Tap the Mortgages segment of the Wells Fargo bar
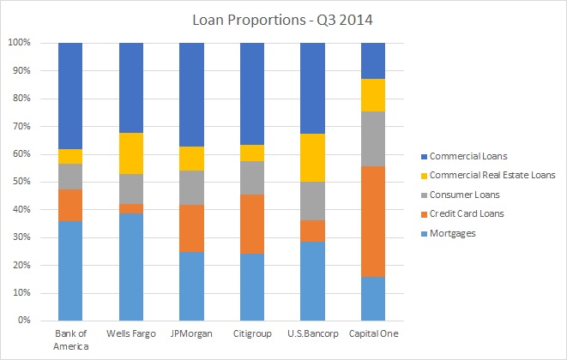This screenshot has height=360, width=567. tap(131, 267)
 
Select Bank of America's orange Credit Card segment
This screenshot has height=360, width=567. tap(70, 205)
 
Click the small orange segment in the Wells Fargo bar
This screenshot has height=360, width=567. tap(131, 208)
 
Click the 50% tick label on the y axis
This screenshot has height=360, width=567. tap(19, 182)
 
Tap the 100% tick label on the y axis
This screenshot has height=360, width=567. tap(17, 43)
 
